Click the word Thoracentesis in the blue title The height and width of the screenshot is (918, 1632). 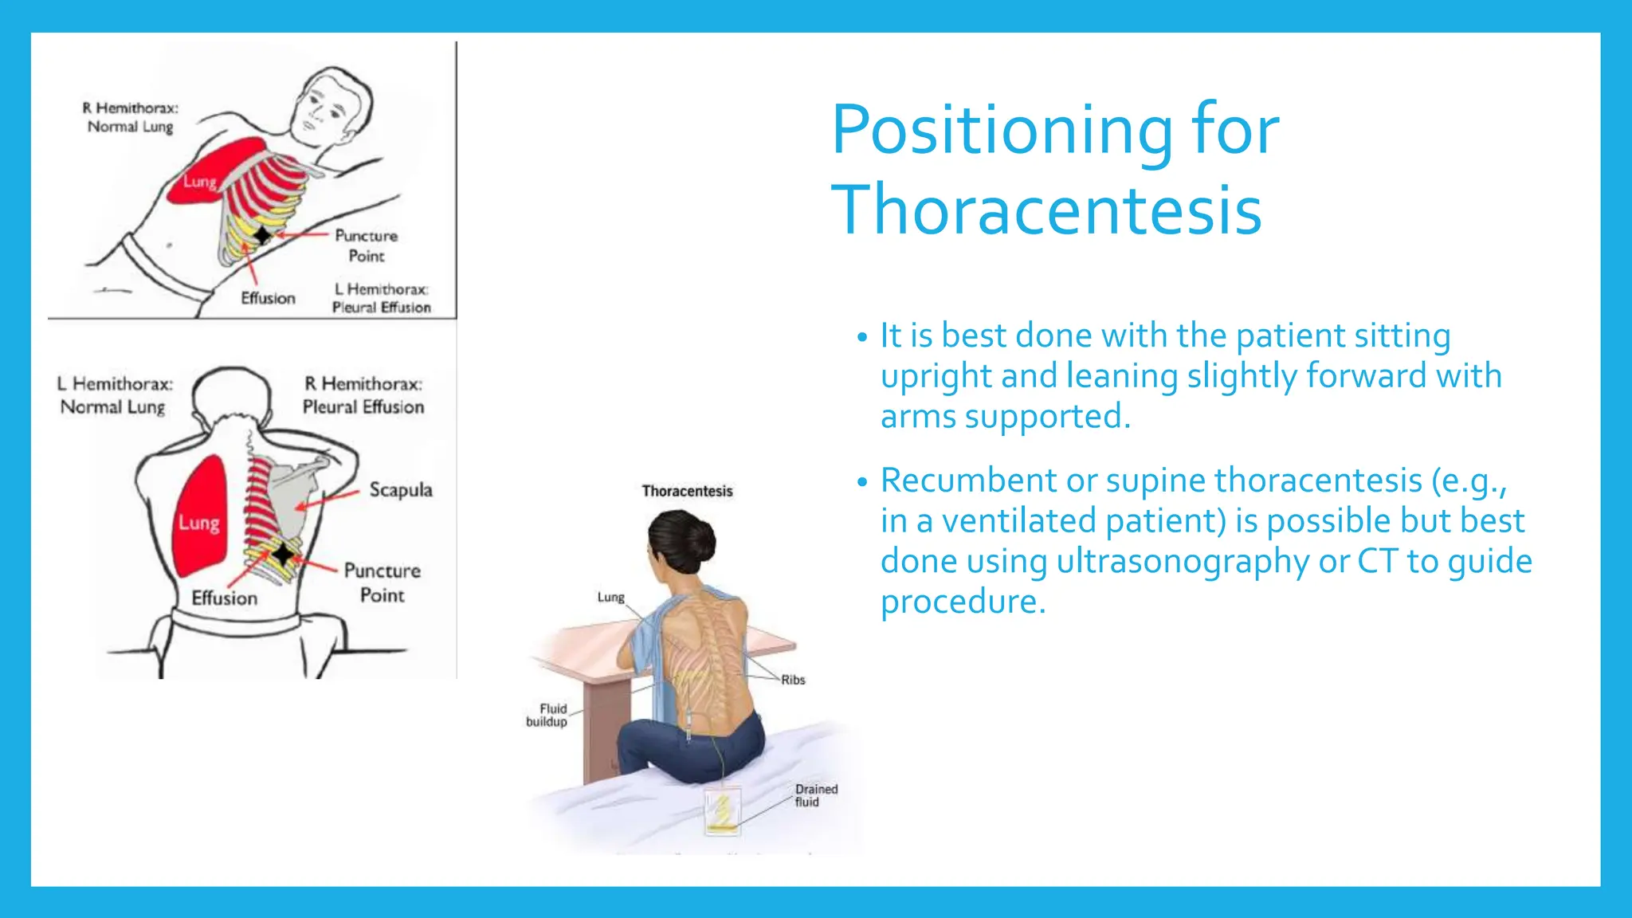(x=1046, y=210)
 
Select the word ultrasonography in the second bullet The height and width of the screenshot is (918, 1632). (x=1183, y=561)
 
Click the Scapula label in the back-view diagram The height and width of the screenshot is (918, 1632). (x=401, y=490)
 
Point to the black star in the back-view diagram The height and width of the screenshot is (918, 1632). (x=283, y=553)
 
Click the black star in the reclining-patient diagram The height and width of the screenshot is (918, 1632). (x=262, y=234)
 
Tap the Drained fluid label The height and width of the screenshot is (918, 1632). (x=816, y=795)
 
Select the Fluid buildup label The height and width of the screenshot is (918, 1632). (x=547, y=715)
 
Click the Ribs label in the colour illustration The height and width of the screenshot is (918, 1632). (x=793, y=680)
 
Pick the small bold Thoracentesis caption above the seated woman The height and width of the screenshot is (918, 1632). (x=687, y=491)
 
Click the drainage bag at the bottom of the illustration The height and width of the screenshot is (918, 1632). (x=723, y=810)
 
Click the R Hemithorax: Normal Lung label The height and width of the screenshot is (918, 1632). (x=131, y=117)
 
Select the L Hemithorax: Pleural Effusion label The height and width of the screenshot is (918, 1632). (x=382, y=298)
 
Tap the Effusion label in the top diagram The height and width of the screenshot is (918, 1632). (x=268, y=298)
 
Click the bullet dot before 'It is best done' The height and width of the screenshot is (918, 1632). (x=861, y=338)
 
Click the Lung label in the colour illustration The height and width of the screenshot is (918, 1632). (x=611, y=598)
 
